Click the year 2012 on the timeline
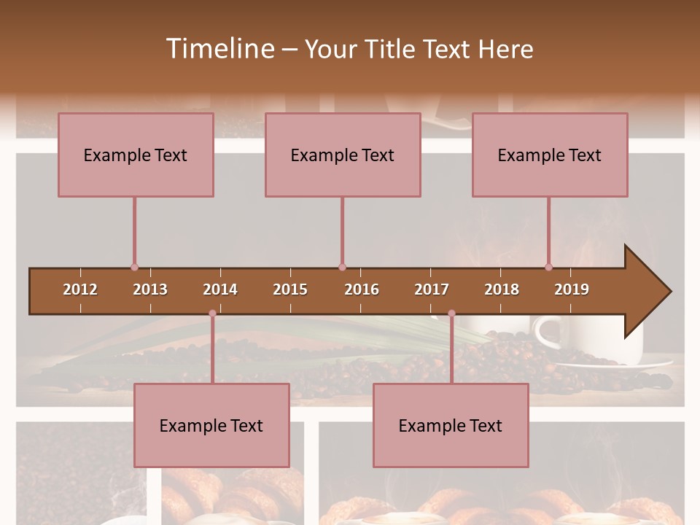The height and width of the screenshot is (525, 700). coord(80,289)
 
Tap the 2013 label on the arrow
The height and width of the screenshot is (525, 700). coord(150,289)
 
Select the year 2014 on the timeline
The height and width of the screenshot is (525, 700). coord(220,289)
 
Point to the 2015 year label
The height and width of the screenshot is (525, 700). coord(290,289)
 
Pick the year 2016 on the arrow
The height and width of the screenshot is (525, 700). coord(362,289)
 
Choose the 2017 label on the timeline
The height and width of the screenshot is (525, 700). coord(432,289)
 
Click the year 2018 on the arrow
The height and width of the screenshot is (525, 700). coord(502,289)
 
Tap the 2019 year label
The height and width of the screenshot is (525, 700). coord(572,289)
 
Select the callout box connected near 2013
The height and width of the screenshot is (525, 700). coord(136,155)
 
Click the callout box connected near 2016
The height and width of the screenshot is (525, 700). coord(343,155)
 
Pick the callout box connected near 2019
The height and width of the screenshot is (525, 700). coord(550,155)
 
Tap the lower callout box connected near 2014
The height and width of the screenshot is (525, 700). coord(211,425)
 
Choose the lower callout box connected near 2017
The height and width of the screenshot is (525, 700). coord(451,425)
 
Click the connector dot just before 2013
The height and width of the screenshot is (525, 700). coord(134,267)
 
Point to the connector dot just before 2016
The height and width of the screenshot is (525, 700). coord(342,267)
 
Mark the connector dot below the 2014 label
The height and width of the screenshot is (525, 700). coord(212,314)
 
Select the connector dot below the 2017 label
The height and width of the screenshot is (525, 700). coord(451,314)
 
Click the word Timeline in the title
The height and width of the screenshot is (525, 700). coord(219,49)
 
